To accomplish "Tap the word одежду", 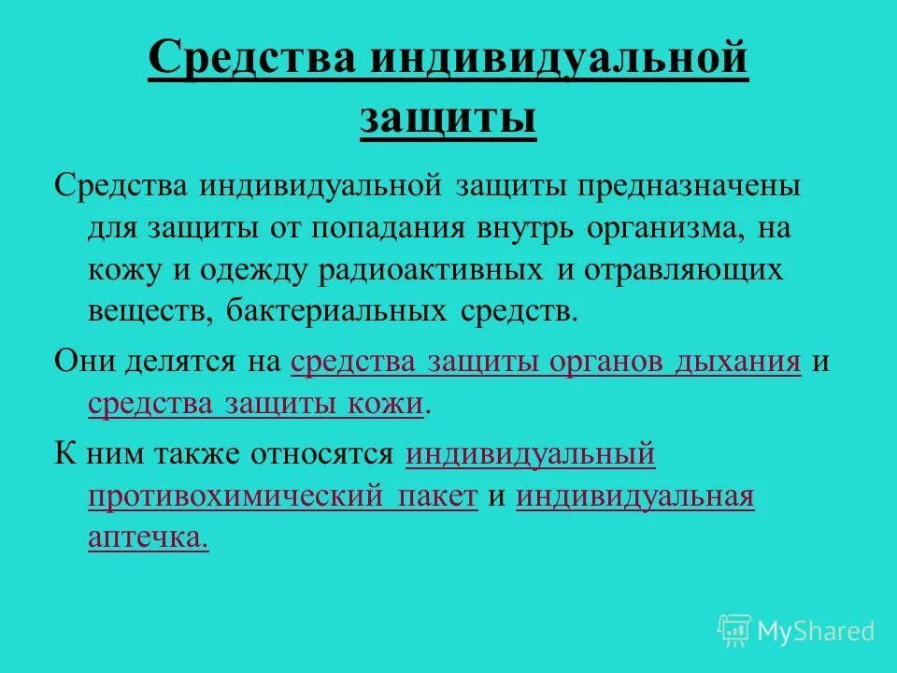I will (247, 269).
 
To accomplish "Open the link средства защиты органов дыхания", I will (547, 363).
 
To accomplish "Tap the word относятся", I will (320, 454).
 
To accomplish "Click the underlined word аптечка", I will (148, 538).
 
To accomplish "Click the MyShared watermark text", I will (815, 631).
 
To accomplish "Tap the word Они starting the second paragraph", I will (86, 363).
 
